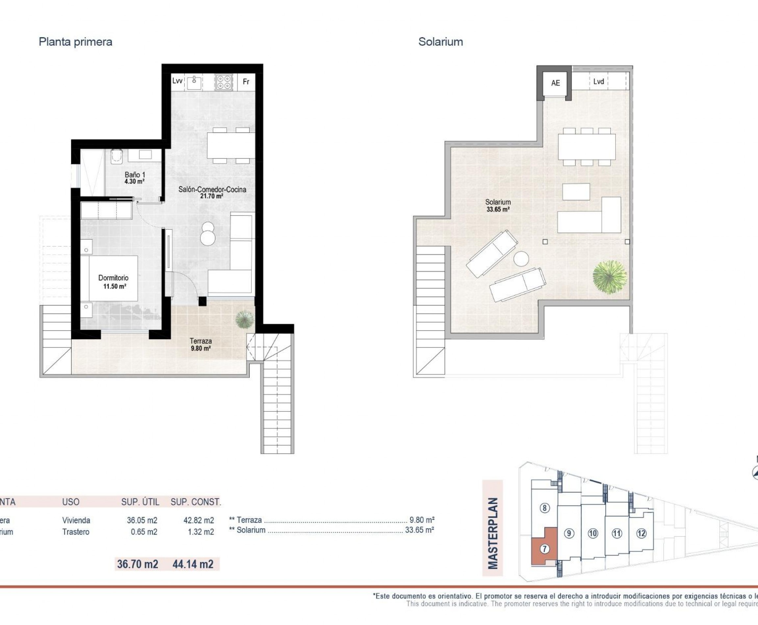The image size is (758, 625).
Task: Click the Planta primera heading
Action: click(75, 42)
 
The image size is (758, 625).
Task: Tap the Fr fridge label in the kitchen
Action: click(246, 82)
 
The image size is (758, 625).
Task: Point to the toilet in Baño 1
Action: click(116, 157)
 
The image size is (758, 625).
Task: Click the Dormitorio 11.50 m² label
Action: click(114, 282)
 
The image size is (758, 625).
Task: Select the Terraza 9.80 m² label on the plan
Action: click(201, 344)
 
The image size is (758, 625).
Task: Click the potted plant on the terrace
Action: click(244, 319)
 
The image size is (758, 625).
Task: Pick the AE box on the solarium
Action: click(555, 83)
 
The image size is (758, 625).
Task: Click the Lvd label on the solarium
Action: click(598, 82)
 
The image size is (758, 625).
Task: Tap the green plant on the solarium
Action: click(609, 277)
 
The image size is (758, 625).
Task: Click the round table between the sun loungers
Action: click(521, 259)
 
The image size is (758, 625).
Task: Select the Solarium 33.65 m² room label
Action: click(498, 205)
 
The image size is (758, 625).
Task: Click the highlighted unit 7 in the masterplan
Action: click(544, 549)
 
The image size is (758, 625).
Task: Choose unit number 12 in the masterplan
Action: click(641, 533)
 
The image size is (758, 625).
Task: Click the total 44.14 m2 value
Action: click(193, 564)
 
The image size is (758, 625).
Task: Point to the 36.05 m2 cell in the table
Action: click(142, 520)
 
